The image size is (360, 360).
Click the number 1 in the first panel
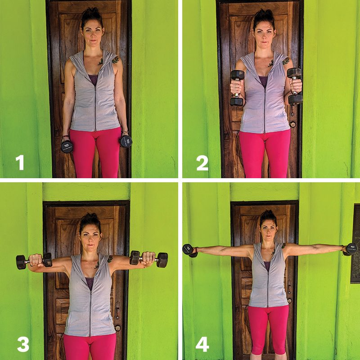20,162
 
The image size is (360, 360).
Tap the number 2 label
202,162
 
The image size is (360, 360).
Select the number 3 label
22,344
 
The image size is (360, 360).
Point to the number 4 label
202,344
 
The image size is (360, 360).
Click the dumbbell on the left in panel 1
67,145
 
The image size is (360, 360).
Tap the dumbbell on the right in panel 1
126,141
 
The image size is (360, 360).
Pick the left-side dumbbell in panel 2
237,88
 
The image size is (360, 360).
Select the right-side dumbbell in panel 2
295,85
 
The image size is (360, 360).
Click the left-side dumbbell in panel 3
34,261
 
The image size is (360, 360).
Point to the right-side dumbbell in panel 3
148,259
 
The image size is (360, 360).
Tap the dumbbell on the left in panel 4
189,251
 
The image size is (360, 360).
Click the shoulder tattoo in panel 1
115,59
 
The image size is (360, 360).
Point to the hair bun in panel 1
88,12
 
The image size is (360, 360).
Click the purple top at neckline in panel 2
263,81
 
